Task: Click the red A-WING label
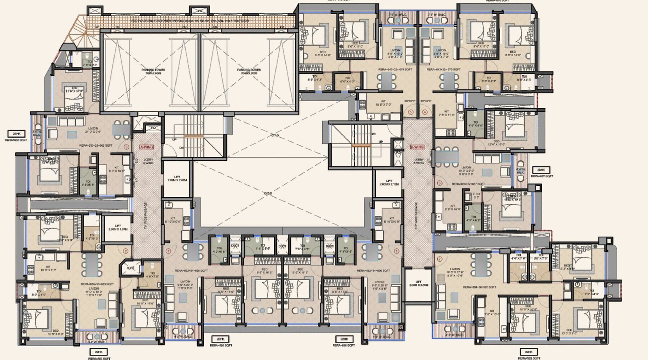click(x=147, y=147)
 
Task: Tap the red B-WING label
click(x=417, y=147)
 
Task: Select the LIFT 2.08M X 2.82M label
click(x=177, y=178)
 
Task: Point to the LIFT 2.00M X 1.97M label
click(x=118, y=228)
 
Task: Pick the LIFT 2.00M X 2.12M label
click(x=389, y=183)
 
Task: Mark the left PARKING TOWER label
click(x=153, y=71)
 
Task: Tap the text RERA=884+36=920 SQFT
click(x=480, y=287)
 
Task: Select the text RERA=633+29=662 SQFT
click(x=96, y=145)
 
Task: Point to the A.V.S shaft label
click(x=130, y=268)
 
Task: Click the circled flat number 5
click(x=411, y=112)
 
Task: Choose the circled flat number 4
click(x=425, y=112)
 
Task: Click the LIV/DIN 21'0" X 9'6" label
click(x=93, y=130)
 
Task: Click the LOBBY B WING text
click(x=419, y=161)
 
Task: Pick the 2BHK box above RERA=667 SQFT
click(x=541, y=170)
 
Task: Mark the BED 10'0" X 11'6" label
click(x=145, y=302)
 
